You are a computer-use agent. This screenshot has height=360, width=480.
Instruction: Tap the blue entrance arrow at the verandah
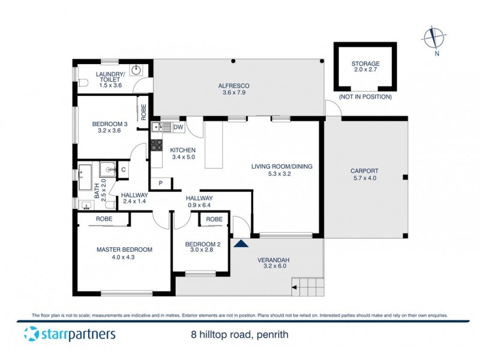[x=241, y=243]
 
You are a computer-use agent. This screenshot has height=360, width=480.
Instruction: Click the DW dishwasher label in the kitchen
[x=178, y=127]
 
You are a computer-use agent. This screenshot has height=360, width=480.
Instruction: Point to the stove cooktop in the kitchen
[x=156, y=145]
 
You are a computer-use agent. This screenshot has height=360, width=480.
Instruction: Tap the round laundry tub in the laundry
[x=137, y=70]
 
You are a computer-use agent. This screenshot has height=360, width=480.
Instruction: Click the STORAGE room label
[x=365, y=64]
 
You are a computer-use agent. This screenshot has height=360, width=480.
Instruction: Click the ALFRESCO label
[x=233, y=86]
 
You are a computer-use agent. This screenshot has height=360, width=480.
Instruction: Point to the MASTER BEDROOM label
[x=124, y=250]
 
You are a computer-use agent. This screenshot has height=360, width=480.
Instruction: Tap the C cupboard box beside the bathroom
[x=123, y=169]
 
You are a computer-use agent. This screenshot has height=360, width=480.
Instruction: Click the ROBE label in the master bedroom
[x=104, y=220]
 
